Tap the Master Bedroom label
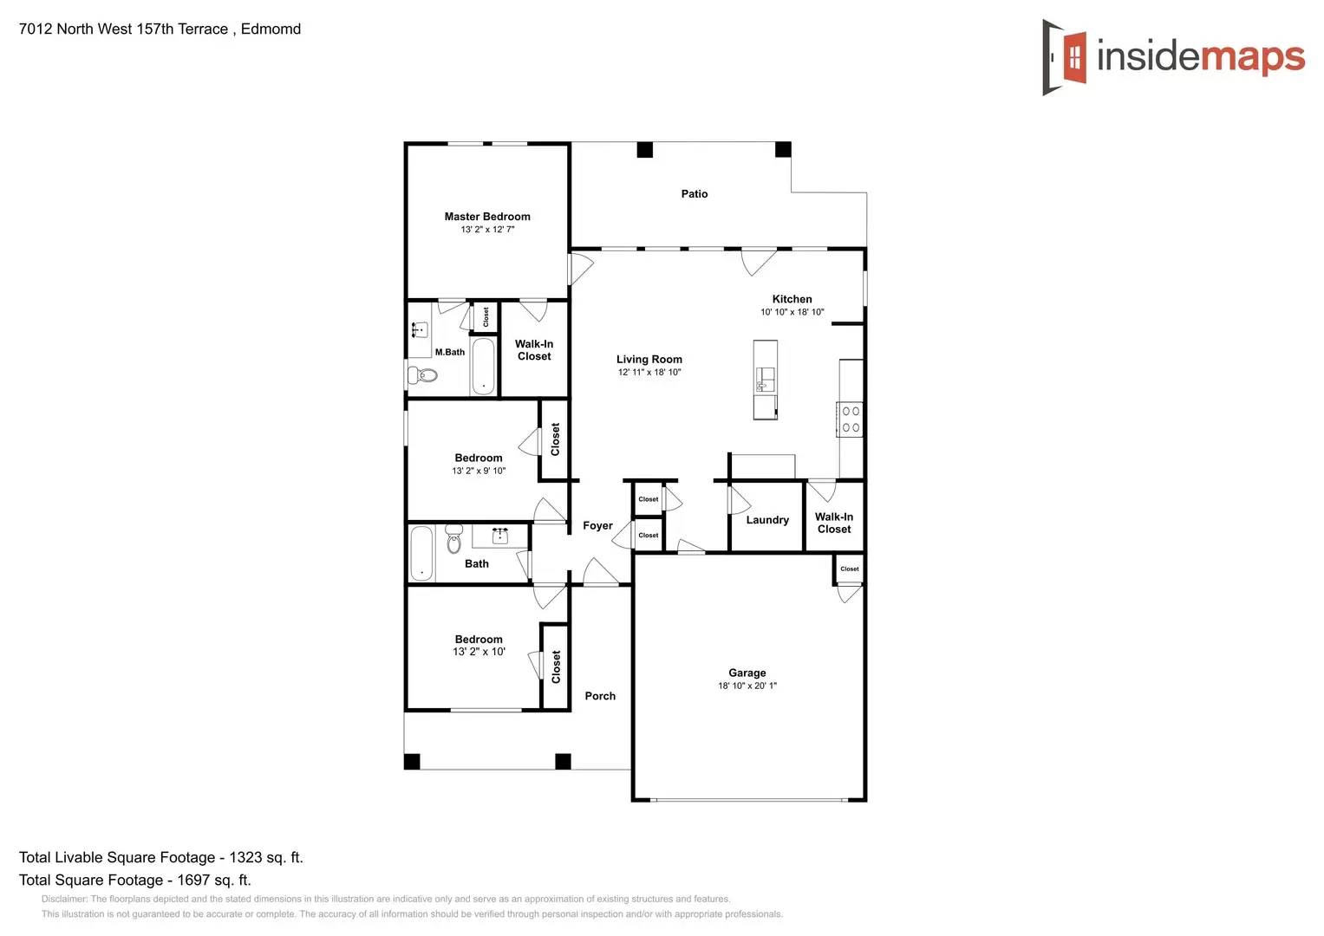point(487,217)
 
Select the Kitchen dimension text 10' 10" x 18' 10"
point(792,312)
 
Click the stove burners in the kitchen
point(851,419)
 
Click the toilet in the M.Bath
point(423,375)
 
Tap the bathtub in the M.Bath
point(483,366)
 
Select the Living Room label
point(649,360)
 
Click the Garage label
point(747,673)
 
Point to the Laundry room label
point(767,520)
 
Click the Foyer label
point(597,525)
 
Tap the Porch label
point(600,696)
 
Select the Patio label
point(694,194)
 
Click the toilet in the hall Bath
point(454,539)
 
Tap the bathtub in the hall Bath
point(421,553)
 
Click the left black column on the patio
point(644,150)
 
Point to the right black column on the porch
point(563,762)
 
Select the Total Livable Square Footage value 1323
point(245,857)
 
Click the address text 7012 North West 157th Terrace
point(123,29)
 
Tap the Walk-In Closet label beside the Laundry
point(833,523)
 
